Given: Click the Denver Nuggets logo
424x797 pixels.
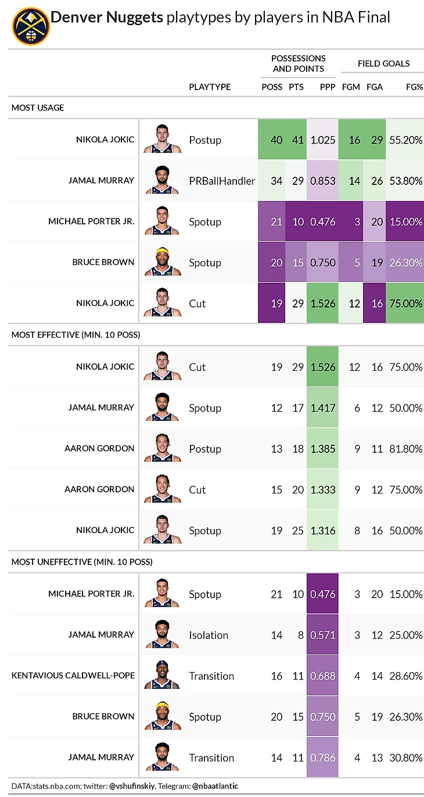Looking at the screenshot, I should (x=31, y=26).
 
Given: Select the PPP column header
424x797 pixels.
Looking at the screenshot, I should (x=328, y=87).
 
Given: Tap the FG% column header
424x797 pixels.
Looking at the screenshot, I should (x=414, y=87).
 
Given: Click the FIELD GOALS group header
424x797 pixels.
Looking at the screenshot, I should (x=383, y=63).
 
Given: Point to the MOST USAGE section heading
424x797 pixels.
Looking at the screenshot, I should (x=38, y=108).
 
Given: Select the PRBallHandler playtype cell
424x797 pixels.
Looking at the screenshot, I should (x=222, y=181).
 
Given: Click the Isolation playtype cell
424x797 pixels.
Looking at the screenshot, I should (x=209, y=635).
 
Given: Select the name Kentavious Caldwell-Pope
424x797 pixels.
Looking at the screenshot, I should (x=73, y=676).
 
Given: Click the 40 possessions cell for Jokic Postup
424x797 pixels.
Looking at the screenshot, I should (x=276, y=140).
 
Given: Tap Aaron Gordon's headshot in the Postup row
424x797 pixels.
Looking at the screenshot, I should (x=162, y=448).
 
